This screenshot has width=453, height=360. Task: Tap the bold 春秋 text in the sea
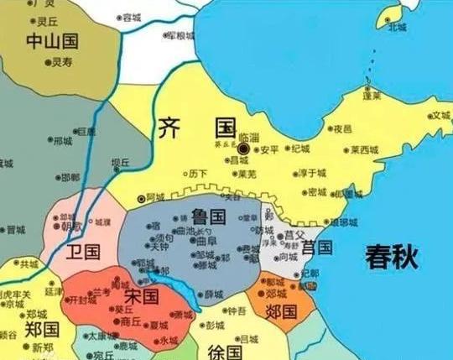tap(392, 256)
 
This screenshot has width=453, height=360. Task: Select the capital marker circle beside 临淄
tap(243, 149)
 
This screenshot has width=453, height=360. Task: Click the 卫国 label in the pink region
tap(85, 251)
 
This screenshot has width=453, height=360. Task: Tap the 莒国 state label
tap(317, 247)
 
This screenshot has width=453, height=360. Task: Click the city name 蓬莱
tap(372, 96)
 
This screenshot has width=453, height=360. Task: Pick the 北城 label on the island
tap(397, 27)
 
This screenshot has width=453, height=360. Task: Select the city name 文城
tap(441, 116)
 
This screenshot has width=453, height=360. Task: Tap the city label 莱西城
tap(364, 150)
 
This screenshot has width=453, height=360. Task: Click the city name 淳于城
tap(311, 174)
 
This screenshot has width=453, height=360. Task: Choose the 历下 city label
tap(198, 174)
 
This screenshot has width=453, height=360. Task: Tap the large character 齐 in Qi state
tap(171, 129)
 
